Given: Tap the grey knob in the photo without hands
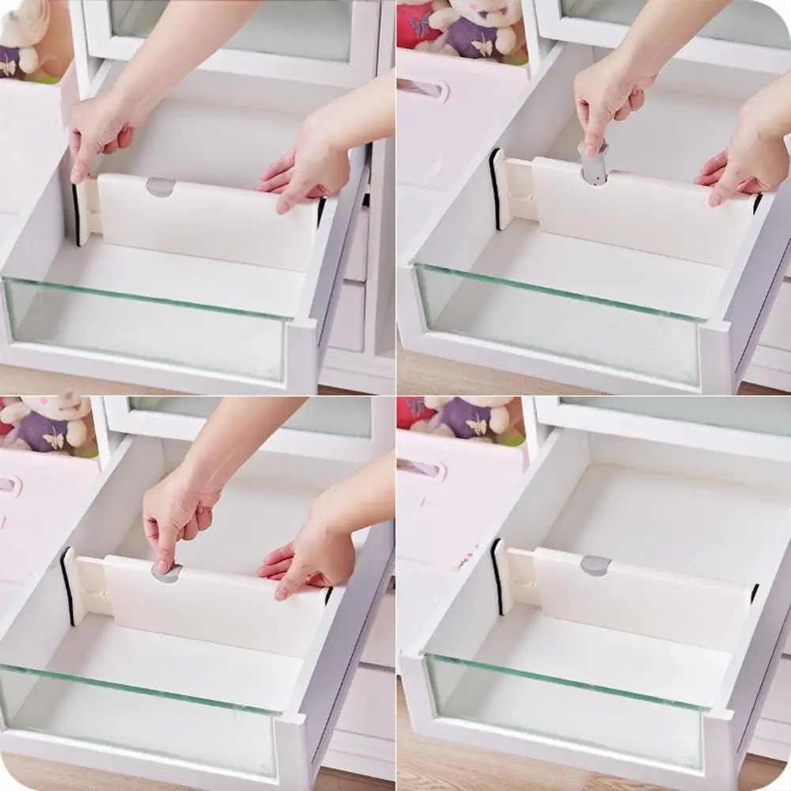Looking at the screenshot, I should pos(595,565).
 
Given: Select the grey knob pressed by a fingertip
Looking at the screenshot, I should pos(166,573).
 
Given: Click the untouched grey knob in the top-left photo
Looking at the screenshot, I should pos(161,187).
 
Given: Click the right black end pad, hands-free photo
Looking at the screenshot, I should pos(755,592).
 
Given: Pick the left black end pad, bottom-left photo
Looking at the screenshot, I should pos(66,585).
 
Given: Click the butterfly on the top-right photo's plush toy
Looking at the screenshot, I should pos(482,47).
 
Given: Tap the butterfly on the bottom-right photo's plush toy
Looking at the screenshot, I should pos(478,427).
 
